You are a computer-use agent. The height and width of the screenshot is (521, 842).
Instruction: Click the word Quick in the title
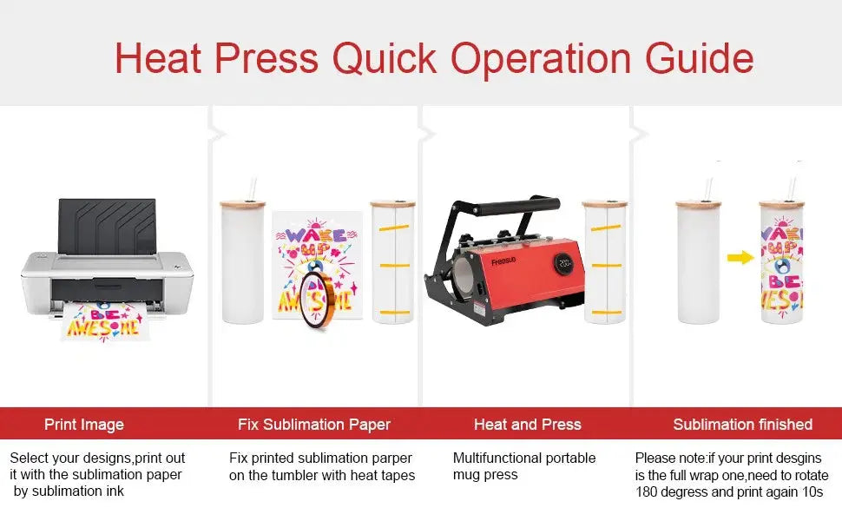point(384,58)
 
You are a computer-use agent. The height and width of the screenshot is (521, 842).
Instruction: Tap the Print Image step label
point(84,425)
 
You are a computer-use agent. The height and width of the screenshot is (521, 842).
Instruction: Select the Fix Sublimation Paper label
point(314,425)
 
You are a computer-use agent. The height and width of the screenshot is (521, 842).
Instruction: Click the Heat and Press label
point(527,425)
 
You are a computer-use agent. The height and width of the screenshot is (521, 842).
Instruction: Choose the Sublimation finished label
point(743,425)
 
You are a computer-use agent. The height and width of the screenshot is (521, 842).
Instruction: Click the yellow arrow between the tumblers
point(740,258)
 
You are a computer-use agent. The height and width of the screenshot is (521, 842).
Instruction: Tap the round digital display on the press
point(564,262)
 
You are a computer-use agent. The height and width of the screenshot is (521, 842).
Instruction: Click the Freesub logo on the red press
point(503,261)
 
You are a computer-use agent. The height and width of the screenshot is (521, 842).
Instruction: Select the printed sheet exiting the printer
point(105,320)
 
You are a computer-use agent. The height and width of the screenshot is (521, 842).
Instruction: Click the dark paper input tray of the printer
point(107,226)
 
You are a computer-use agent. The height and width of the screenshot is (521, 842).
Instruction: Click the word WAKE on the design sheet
point(316,234)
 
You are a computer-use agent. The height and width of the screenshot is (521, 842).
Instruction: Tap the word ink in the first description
point(115,491)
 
